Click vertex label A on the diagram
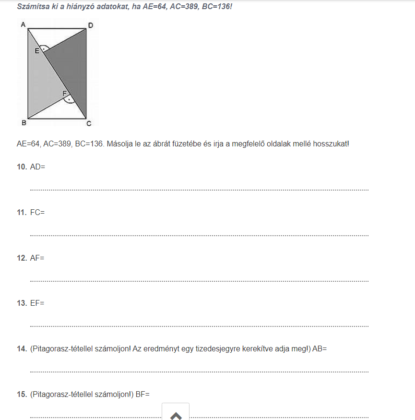coord(23,24)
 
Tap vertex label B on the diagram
coord(24,123)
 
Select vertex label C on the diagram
coord(88,124)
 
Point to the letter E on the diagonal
coord(36,50)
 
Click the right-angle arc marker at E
coord(44,48)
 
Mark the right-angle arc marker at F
coord(70,99)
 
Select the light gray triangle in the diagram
coord(41,82)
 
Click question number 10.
coord(21,167)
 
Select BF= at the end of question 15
coord(142,395)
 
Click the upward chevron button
coord(176,414)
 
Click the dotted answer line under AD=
coord(199,190)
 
